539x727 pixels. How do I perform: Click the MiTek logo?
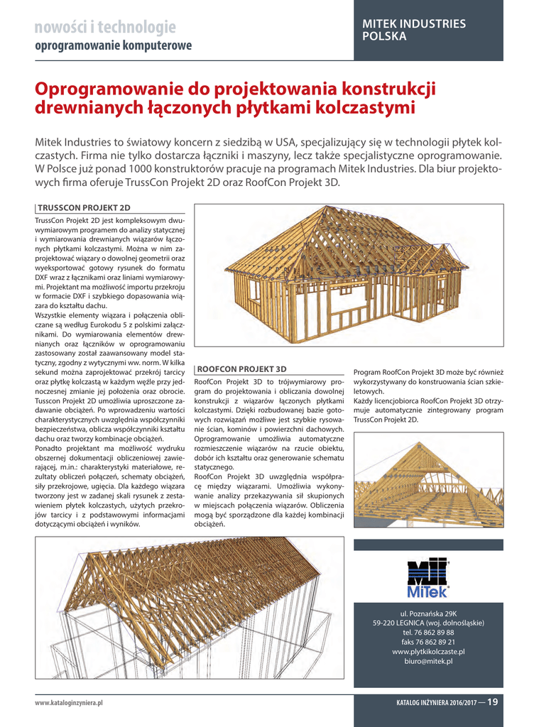pyautogui.click(x=428, y=578)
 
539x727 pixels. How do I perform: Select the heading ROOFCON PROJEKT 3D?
pyautogui.click(x=241, y=369)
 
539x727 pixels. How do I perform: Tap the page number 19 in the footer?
pyautogui.click(x=492, y=703)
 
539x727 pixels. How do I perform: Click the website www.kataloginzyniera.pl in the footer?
pyautogui.click(x=70, y=704)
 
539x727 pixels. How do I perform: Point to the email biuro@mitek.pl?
pyautogui.click(x=428, y=661)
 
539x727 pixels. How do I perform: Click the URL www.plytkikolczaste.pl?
pyautogui.click(x=428, y=651)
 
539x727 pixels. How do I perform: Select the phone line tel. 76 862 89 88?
pyautogui.click(x=428, y=632)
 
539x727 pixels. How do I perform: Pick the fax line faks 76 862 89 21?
pyautogui.click(x=428, y=642)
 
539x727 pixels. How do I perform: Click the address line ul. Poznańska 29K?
pyautogui.click(x=428, y=613)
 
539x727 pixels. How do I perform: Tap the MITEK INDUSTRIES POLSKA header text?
pyautogui.click(x=414, y=30)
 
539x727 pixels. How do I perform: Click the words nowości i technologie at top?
pyautogui.click(x=105, y=28)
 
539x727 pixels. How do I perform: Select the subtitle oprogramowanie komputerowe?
pyautogui.click(x=114, y=46)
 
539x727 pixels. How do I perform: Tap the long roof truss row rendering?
pyautogui.click(x=190, y=607)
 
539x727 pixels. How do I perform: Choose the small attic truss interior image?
pyautogui.click(x=428, y=479)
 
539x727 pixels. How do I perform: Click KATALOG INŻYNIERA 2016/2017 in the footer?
pyautogui.click(x=436, y=704)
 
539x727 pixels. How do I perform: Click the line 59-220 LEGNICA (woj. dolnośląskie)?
pyautogui.click(x=428, y=623)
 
